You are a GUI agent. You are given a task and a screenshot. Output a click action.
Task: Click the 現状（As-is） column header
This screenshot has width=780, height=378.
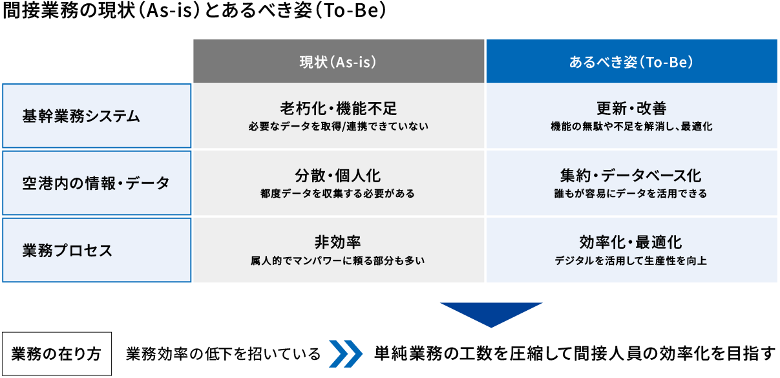pos(338,62)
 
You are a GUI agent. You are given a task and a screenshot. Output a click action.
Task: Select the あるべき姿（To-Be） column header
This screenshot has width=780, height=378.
pos(631,62)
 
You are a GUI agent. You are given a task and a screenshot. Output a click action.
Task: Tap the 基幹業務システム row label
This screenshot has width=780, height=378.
pos(97,116)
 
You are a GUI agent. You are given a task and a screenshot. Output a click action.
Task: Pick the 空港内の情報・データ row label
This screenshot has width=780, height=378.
pos(97,183)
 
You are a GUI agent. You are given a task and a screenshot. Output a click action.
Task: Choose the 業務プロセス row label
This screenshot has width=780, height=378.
pos(97,250)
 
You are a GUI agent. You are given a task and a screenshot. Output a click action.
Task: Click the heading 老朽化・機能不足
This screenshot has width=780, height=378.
pos(338,108)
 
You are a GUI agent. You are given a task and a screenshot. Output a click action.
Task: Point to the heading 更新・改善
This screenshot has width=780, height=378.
pos(631,108)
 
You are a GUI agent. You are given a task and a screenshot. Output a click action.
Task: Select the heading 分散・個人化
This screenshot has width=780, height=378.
pos(338,175)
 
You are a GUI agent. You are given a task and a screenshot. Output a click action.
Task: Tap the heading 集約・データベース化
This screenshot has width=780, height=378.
pos(631,175)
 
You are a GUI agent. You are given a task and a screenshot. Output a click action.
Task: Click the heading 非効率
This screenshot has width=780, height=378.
pos(338,242)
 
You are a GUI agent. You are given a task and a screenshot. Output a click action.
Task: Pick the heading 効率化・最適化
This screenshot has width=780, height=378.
pos(631,242)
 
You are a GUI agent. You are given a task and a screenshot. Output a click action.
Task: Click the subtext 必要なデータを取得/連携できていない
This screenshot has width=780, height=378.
pos(338,126)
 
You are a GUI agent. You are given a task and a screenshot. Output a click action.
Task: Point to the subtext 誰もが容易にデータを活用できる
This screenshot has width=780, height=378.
pos(631,193)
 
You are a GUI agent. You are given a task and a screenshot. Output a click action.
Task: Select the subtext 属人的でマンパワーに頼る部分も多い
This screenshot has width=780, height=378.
pos(338,261)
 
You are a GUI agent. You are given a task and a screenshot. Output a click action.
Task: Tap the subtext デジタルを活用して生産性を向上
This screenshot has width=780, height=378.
pos(631,261)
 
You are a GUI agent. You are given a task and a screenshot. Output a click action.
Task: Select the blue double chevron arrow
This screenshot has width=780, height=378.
pos(346,353)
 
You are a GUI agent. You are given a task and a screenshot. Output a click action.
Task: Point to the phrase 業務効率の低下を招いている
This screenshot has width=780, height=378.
pos(224,354)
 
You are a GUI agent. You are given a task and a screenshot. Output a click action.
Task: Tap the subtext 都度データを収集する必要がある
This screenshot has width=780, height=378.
pos(338,193)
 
